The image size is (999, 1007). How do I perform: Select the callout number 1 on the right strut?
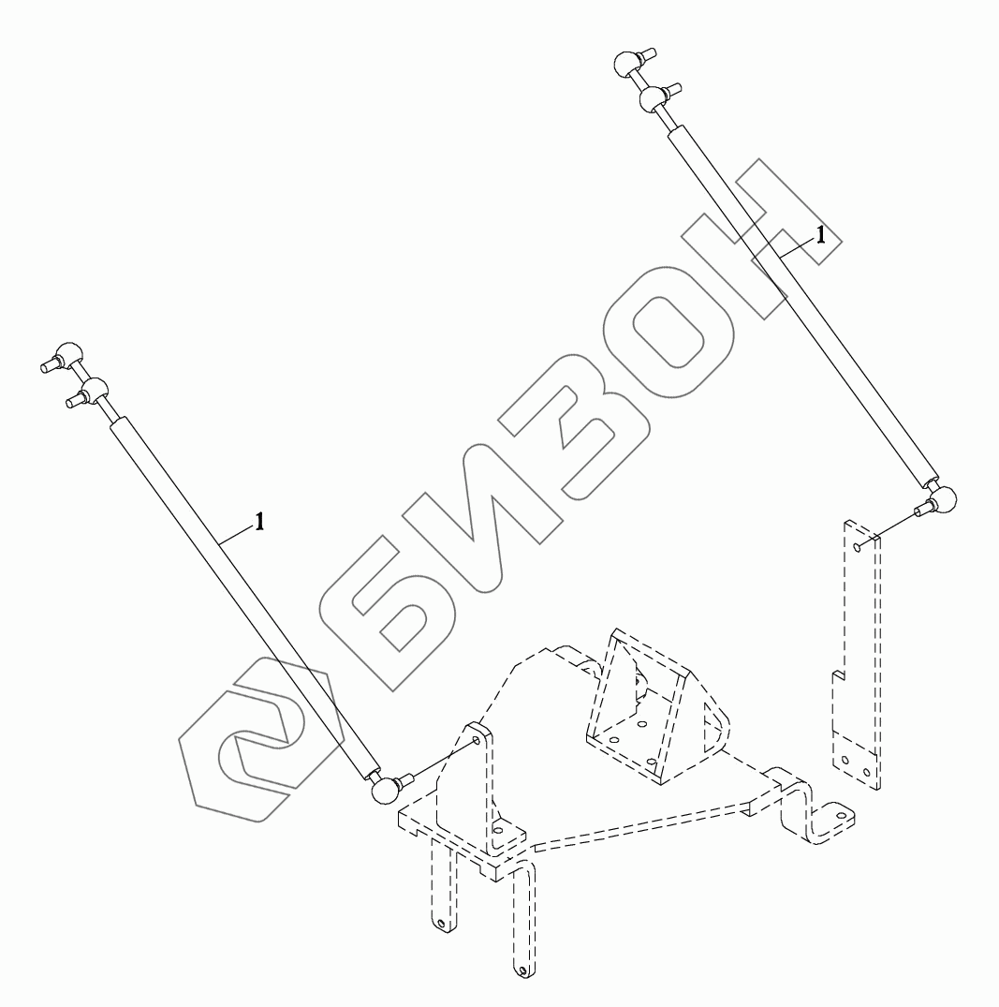point(820,236)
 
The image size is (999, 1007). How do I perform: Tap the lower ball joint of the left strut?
point(383,792)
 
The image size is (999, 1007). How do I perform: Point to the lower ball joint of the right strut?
point(944,501)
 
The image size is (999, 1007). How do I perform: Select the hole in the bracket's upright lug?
point(477,741)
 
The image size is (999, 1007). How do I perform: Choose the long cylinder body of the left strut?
point(243,600)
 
